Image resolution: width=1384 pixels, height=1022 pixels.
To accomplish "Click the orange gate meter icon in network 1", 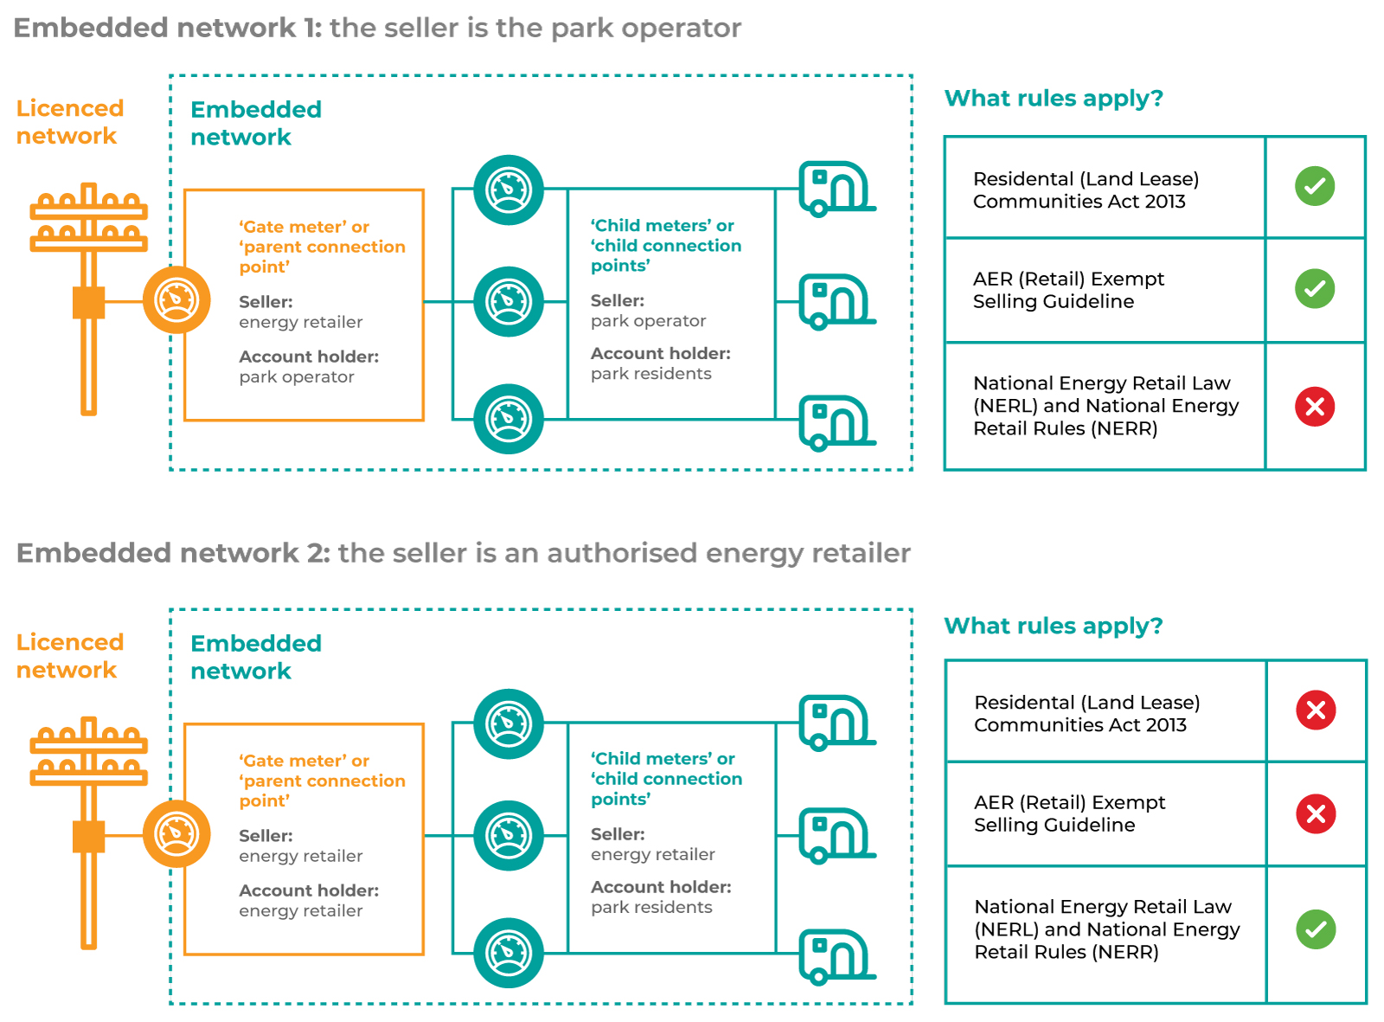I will (176, 300).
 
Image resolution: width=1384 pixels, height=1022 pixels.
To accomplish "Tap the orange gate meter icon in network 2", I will (176, 834).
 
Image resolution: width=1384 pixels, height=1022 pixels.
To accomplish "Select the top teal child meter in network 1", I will (509, 190).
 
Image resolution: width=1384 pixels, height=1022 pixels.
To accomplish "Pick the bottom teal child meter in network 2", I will (509, 953).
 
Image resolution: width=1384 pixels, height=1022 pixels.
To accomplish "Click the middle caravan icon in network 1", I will (836, 301).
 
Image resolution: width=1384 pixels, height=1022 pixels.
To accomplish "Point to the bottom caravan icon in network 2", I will (836, 956).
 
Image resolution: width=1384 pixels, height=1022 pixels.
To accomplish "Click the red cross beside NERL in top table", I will (1315, 407).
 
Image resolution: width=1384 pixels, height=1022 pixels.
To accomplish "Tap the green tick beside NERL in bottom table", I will (1316, 929).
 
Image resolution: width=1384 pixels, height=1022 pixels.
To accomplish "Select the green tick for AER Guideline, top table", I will (1315, 289).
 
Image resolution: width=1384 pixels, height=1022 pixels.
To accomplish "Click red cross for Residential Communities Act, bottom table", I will (1316, 710).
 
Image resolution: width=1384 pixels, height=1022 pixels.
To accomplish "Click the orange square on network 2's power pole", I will (88, 837).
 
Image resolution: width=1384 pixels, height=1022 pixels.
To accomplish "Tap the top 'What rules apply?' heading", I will (1053, 98).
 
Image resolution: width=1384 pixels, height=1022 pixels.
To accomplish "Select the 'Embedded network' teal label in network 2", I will (255, 657).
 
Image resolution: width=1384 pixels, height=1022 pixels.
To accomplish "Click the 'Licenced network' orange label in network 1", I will (69, 122).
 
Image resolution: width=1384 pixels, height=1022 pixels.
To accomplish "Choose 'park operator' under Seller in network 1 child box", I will (648, 321).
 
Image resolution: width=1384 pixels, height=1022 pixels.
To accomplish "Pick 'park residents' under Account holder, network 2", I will (651, 907).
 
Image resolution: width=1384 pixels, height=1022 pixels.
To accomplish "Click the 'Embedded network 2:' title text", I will (173, 553).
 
